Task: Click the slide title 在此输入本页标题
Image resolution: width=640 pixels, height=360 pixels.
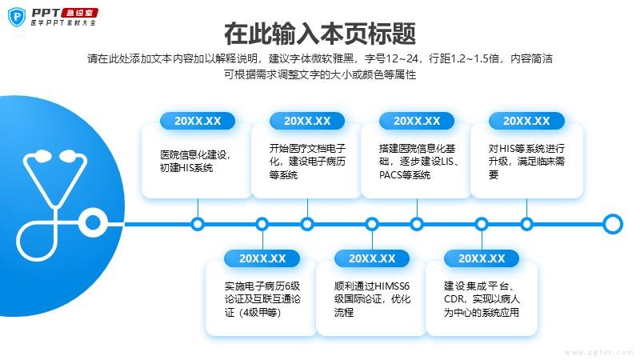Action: pos(320,34)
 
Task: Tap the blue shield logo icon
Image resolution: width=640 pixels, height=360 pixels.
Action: pos(17,17)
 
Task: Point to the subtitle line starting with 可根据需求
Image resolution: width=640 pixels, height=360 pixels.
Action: pos(320,74)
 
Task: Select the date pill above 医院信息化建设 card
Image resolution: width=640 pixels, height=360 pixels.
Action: pos(198,121)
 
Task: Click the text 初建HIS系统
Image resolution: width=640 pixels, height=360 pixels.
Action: pos(186,168)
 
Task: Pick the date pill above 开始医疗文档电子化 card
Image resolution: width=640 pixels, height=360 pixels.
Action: pos(307,121)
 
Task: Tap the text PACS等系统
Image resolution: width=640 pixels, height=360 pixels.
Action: pos(405,175)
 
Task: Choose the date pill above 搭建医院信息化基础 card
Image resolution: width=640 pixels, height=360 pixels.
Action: pos(417,121)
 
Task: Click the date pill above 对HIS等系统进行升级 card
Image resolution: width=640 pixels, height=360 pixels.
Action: pos(526,121)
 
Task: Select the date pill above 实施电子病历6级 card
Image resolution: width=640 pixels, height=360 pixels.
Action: pos(262,258)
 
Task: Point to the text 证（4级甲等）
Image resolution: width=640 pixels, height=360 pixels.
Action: pos(253,313)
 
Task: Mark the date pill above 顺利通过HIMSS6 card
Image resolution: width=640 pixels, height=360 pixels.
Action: pos(372,258)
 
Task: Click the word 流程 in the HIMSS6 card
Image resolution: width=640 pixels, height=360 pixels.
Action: pos(344,313)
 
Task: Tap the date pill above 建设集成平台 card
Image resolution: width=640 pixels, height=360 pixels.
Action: pos(482,258)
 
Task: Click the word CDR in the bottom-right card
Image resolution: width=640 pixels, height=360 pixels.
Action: pos(454,299)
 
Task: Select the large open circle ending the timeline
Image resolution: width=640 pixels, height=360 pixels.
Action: pos(613,224)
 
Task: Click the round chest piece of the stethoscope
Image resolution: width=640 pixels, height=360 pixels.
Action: pos(93,223)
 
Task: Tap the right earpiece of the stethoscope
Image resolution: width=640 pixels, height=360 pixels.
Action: pos(68,155)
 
